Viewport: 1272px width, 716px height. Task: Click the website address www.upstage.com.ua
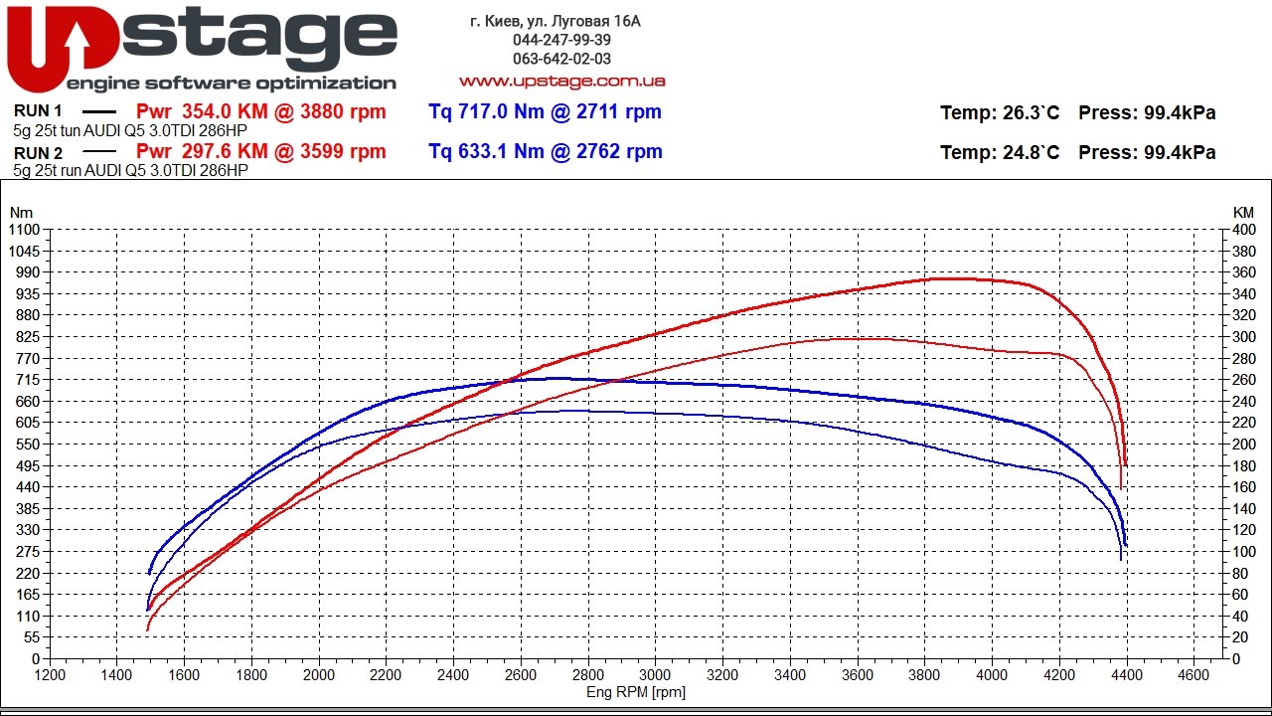561,81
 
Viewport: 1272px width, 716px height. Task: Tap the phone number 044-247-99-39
561,40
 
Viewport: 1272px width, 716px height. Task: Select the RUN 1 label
39,111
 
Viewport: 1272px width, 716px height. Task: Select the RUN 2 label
39,153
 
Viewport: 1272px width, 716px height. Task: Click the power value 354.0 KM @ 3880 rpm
260,111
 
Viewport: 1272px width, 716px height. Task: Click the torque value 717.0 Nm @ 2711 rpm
545,111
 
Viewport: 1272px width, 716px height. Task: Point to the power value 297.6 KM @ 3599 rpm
260,151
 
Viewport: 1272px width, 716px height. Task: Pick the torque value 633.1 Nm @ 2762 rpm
545,151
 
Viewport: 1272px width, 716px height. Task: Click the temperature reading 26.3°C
1000,113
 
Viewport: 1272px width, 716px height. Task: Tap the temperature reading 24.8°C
1000,152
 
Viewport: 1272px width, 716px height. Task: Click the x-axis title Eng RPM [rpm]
636,692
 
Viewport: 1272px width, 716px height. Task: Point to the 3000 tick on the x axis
655,674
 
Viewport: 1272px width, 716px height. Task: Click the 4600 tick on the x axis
1192,674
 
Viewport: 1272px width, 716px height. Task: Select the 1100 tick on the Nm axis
24,230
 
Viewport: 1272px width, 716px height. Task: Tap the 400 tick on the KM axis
1243,230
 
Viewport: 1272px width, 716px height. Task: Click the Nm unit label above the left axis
21,212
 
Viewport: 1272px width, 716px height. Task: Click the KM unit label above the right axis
1243,212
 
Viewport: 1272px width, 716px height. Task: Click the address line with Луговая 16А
556,21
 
